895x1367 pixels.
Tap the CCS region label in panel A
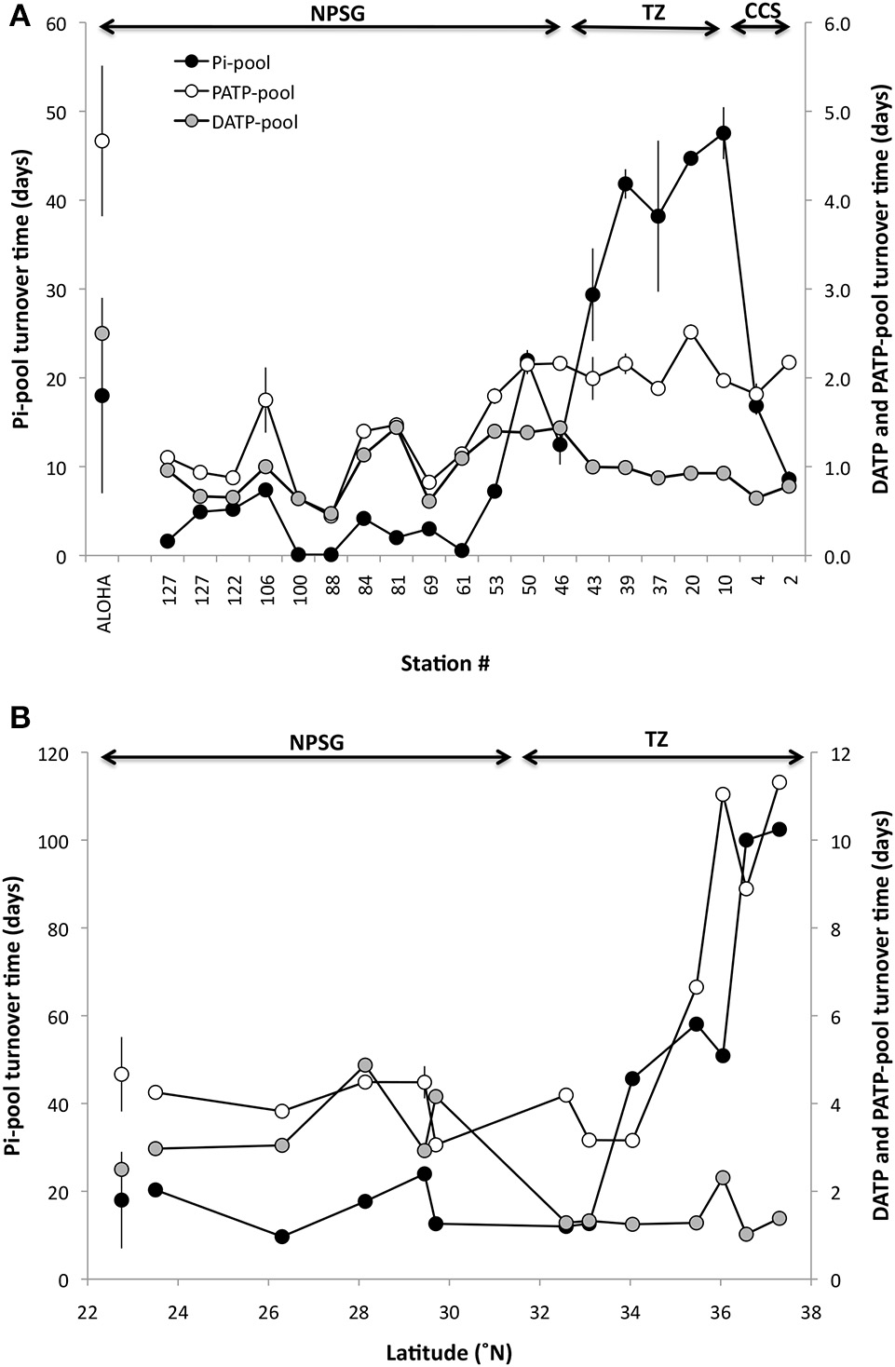[x=763, y=11]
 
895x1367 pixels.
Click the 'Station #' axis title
[x=445, y=664]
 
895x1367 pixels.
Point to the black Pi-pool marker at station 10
[x=724, y=133]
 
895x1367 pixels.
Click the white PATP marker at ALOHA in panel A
[x=102, y=141]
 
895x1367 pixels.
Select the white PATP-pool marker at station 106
[x=266, y=399]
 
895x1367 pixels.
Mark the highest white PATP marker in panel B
[x=780, y=782]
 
